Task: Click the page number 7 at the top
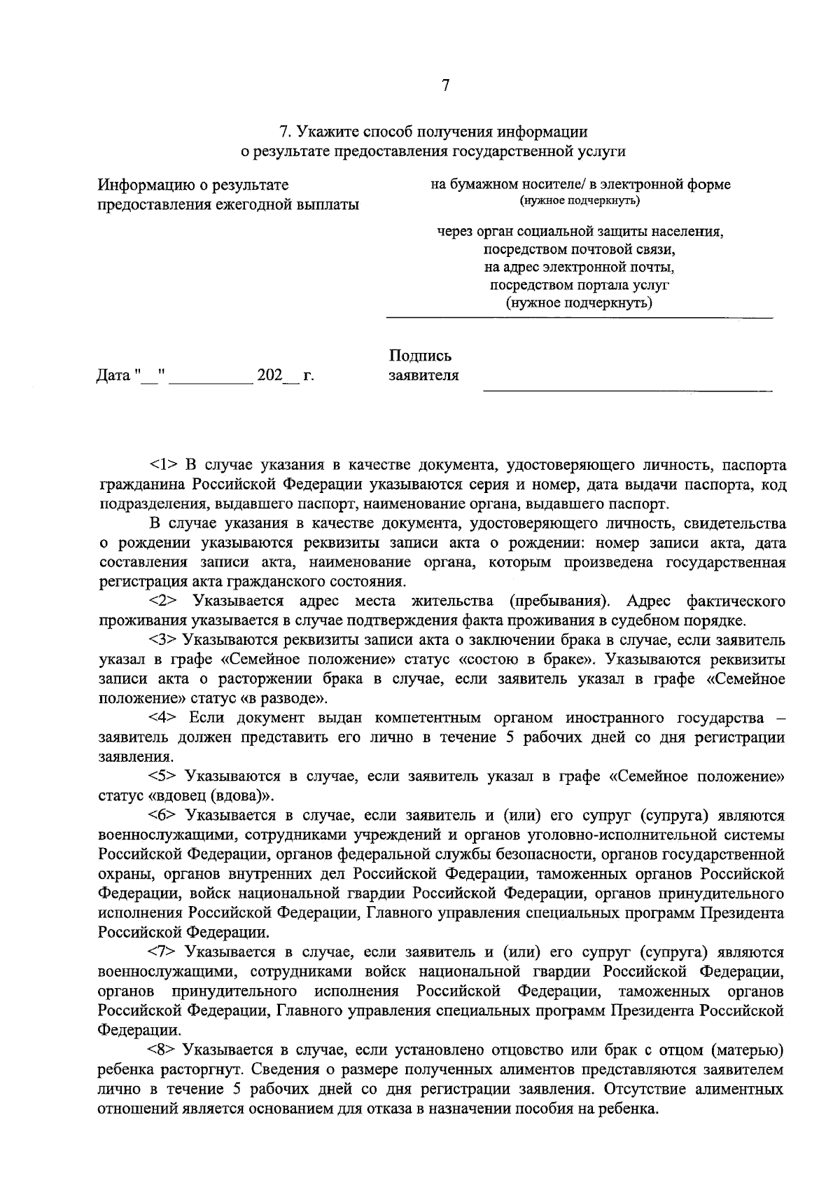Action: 445,86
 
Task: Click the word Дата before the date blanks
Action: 113,376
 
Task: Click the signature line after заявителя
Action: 627,389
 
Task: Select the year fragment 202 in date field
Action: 269,375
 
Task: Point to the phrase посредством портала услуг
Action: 580,285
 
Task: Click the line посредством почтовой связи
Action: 580,249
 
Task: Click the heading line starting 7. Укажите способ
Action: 433,131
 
